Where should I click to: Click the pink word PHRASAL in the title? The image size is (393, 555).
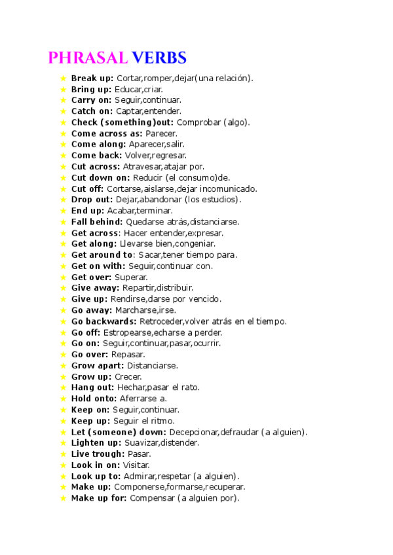[87, 58]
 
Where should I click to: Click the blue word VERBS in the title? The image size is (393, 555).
[159, 58]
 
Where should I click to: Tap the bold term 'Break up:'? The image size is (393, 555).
[92, 78]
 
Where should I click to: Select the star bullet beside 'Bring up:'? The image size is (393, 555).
[63, 89]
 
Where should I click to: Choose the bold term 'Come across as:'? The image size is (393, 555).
[106, 134]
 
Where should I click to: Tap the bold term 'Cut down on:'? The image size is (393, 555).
[100, 177]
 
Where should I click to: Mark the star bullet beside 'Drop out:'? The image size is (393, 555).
[63, 200]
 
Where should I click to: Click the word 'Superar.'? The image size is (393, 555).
[131, 277]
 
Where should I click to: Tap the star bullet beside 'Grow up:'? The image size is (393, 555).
[63, 377]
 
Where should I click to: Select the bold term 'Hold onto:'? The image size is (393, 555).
[94, 399]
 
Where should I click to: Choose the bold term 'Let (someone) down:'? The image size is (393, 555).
[119, 432]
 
